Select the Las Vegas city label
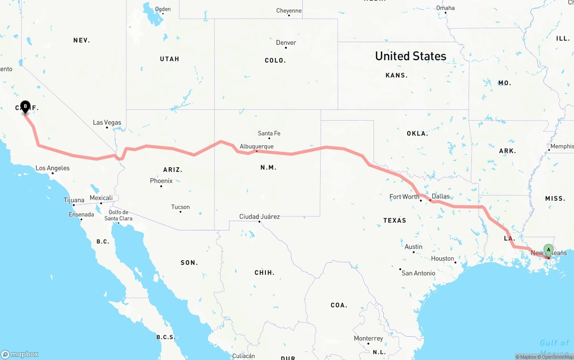(x=107, y=122)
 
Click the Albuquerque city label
(x=257, y=146)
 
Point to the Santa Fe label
(x=269, y=133)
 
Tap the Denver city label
(x=286, y=43)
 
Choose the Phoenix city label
(x=161, y=181)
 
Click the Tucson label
(x=180, y=207)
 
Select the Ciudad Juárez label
(x=259, y=217)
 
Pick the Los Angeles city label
(x=52, y=168)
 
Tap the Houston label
(x=443, y=258)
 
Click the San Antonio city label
(x=418, y=273)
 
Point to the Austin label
(x=413, y=247)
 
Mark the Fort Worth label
(x=404, y=196)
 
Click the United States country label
(x=410, y=56)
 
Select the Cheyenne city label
(x=289, y=11)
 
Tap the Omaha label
(x=445, y=8)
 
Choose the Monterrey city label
(x=368, y=338)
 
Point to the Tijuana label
(x=74, y=200)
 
